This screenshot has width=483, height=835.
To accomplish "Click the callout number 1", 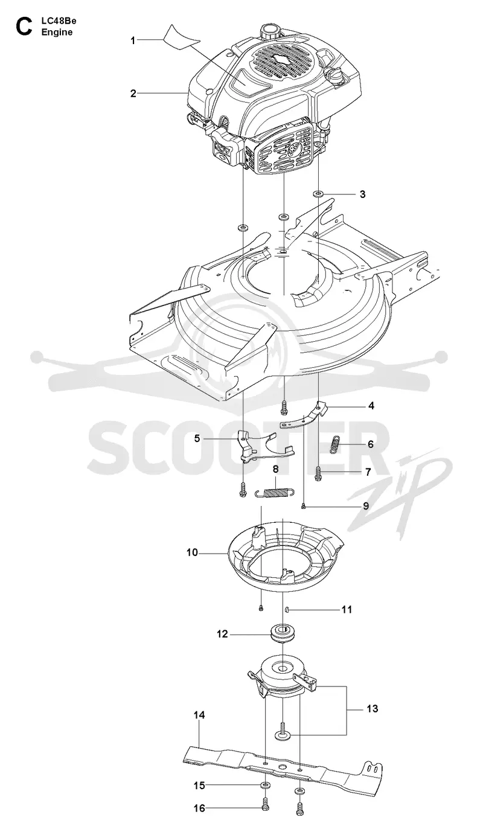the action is pos(133,40).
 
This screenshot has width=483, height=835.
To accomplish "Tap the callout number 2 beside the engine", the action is pos(133,94).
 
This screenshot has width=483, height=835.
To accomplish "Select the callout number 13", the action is pos(373,708).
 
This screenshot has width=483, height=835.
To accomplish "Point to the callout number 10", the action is pos(192,552).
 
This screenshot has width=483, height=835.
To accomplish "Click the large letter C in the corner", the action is pos(24,27).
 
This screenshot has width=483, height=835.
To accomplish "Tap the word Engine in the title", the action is pos(57,33).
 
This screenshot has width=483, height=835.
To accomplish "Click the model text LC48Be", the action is pos(59,21).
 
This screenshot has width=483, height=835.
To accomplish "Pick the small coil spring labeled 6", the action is pos(336,444).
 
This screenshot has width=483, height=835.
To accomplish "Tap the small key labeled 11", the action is pos(287,609).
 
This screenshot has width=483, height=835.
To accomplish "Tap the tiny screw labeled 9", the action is pos(304,505).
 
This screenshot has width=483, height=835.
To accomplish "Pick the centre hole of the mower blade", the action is pos(282,764).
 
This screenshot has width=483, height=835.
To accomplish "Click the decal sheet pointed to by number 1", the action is pos(181,37).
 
